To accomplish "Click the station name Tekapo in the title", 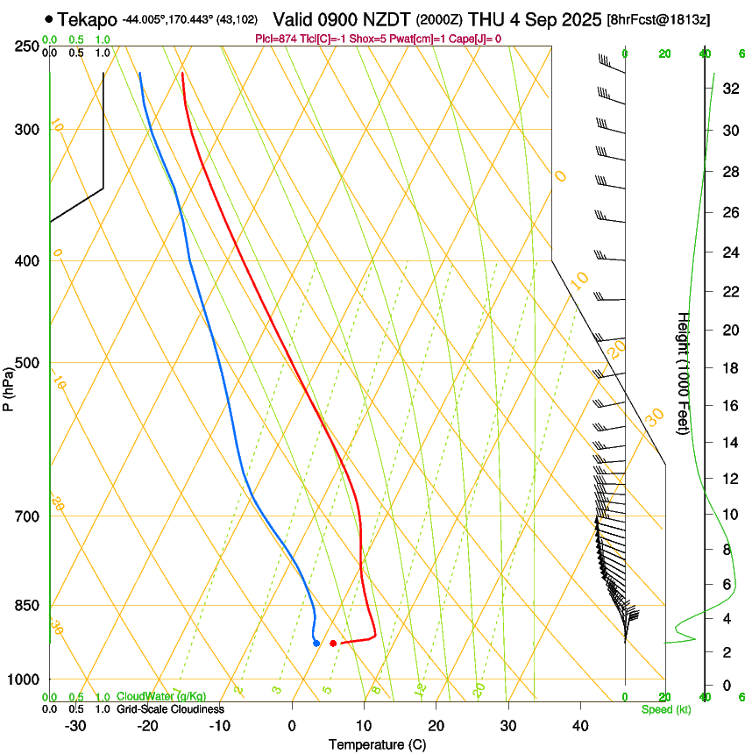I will coord(88,19).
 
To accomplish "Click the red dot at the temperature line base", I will coord(333,644).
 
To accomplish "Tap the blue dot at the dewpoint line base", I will coord(316,644).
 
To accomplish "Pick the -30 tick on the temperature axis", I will coord(75,726).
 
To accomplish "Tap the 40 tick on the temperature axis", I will coord(579,726).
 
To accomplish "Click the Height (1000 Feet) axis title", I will coord(684,373).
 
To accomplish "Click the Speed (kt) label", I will coord(664,709).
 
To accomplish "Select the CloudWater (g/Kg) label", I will coord(160,697).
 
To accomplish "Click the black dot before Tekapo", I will coord(48,18).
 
